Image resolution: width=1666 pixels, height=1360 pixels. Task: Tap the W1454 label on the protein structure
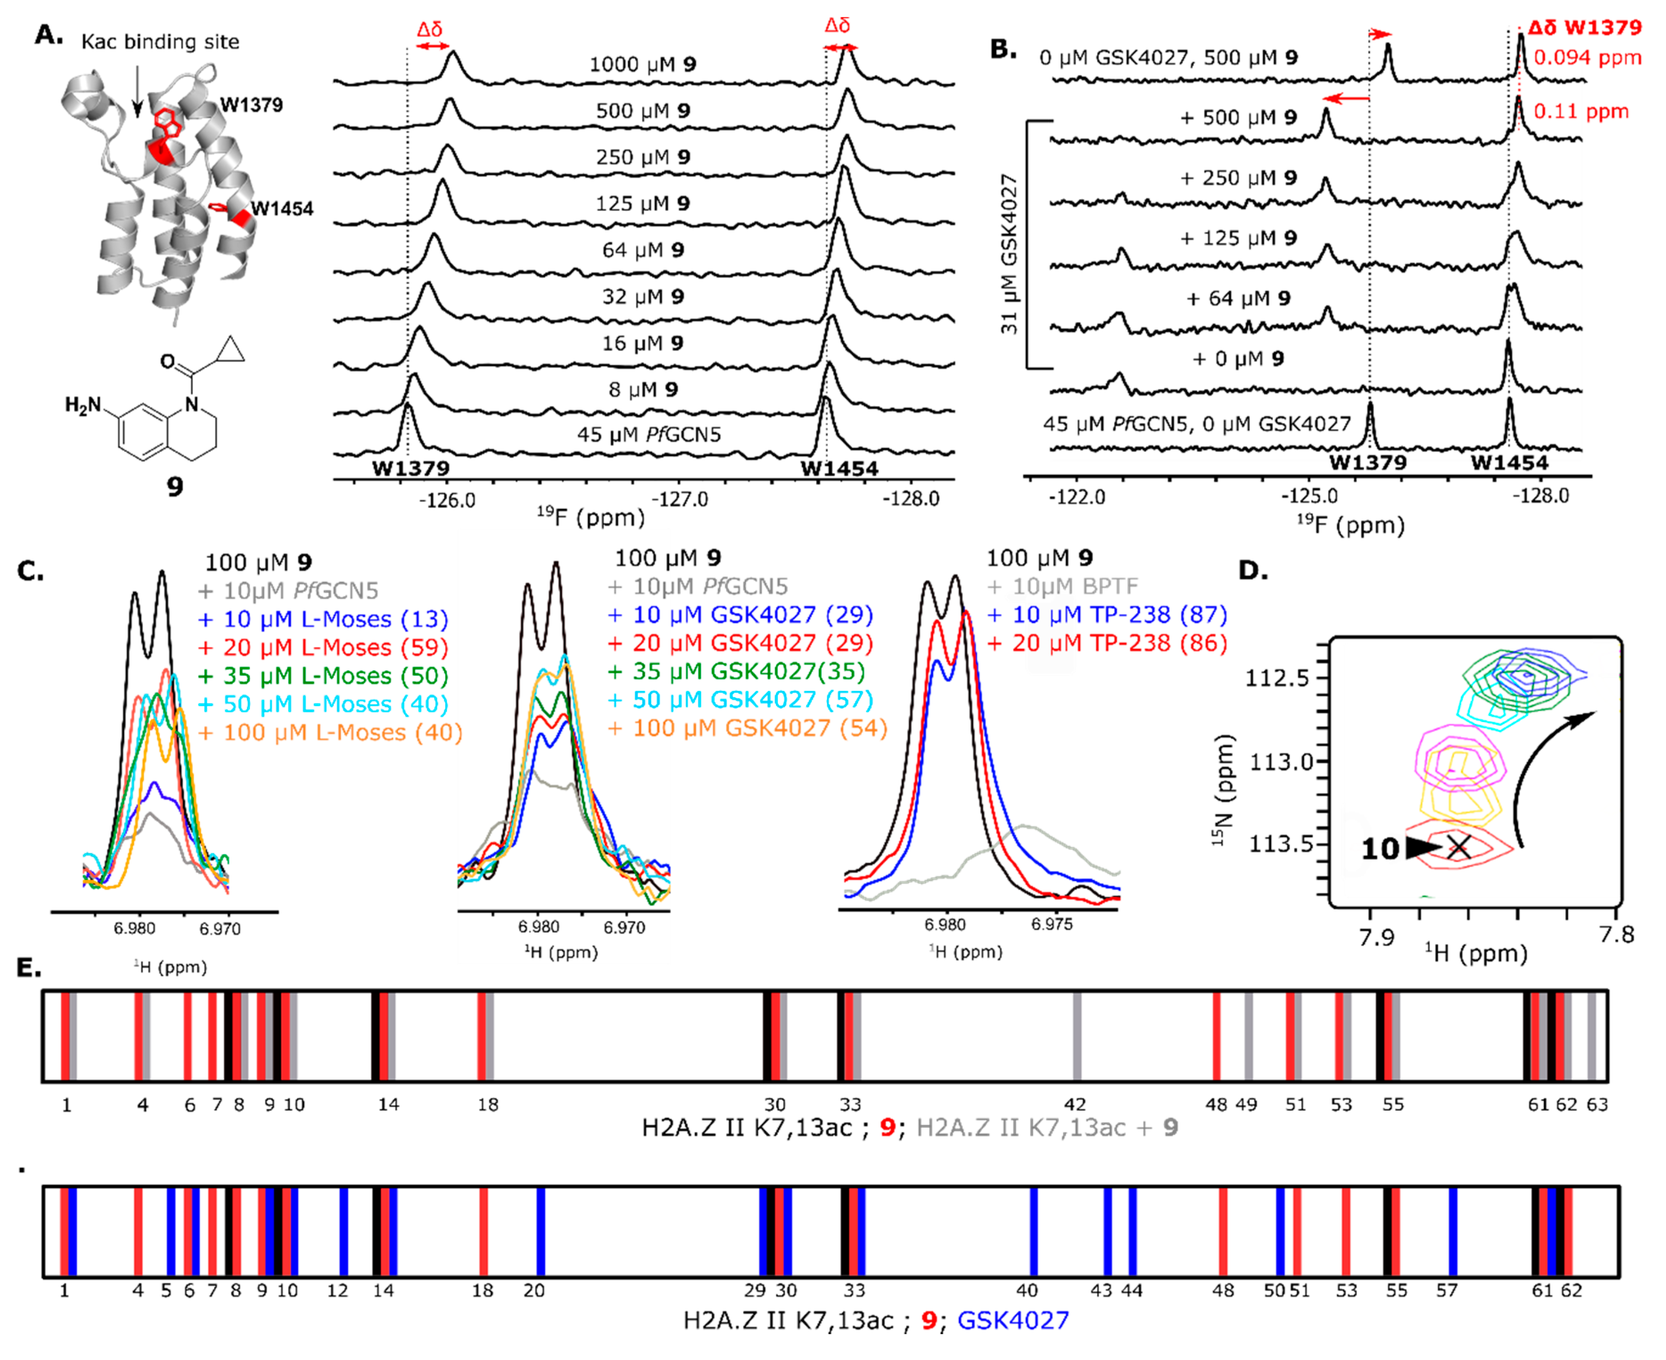281,208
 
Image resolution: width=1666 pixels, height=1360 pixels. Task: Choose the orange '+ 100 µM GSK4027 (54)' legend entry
748,728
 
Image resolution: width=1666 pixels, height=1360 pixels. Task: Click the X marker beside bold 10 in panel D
1458,847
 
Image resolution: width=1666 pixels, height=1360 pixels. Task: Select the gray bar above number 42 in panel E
1077,1036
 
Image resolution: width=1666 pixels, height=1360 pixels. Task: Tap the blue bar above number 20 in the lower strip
540,1232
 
